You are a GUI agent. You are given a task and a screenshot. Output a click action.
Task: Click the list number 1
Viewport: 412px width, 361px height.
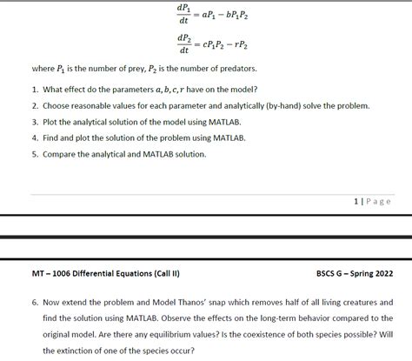[x=33, y=90]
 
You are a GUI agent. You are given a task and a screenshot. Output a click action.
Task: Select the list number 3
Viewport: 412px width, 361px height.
[x=33, y=122]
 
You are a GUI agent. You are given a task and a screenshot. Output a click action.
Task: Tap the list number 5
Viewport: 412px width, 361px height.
[x=33, y=154]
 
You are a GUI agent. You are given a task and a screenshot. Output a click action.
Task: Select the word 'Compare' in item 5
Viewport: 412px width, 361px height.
[x=59, y=154]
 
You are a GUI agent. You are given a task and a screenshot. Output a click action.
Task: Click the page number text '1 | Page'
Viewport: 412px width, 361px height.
[x=372, y=201]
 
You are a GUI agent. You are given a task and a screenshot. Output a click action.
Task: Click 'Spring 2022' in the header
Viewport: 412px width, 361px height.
[x=372, y=272]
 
